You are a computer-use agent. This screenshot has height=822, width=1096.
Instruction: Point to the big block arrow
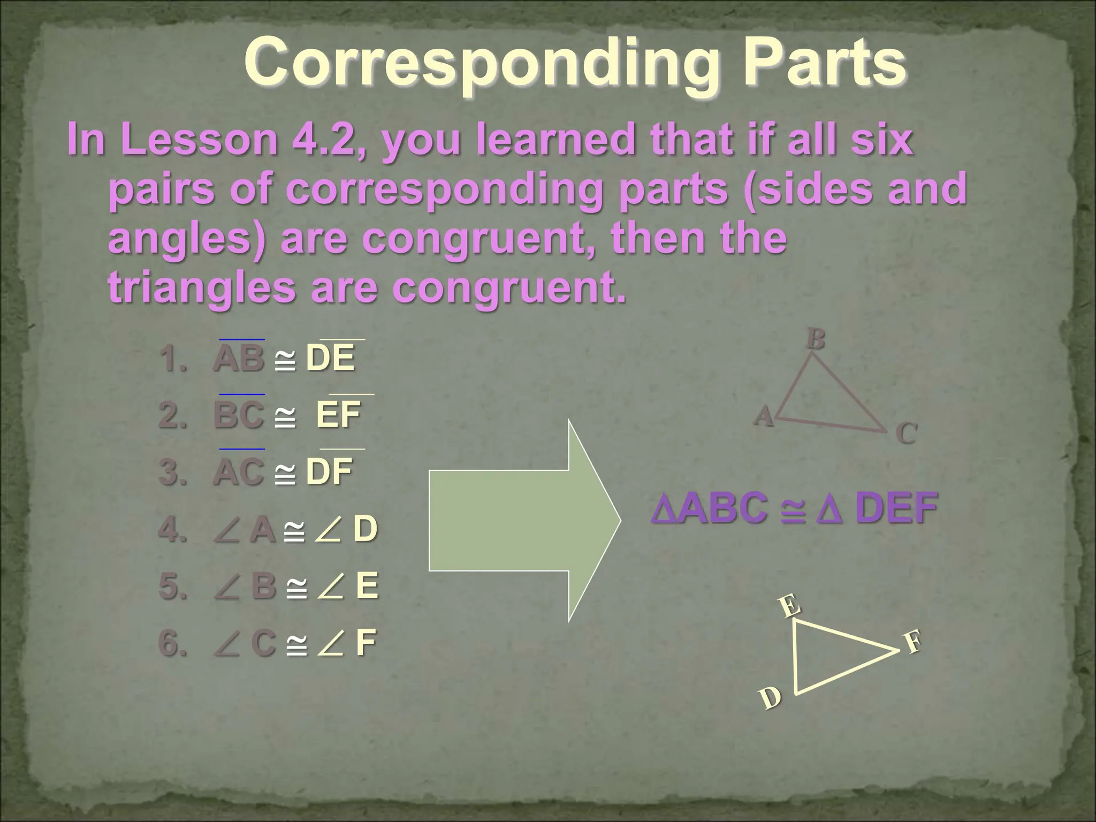[524, 520]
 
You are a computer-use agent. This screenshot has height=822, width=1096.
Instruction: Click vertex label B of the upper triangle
[816, 339]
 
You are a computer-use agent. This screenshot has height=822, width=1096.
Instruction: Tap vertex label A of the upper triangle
[764, 416]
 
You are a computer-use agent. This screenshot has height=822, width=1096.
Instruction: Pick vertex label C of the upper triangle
[907, 433]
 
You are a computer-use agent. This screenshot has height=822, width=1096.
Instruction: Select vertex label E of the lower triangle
[790, 606]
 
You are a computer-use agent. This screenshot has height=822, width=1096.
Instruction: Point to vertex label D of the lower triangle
[771, 698]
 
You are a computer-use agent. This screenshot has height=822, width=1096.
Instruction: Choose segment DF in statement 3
[329, 471]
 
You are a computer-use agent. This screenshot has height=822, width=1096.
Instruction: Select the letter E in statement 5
[367, 585]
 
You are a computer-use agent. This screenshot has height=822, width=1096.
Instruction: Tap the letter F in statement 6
[366, 642]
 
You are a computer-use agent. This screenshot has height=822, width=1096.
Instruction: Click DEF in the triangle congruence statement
[896, 508]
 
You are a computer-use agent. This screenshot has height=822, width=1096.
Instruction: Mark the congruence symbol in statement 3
[285, 473]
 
